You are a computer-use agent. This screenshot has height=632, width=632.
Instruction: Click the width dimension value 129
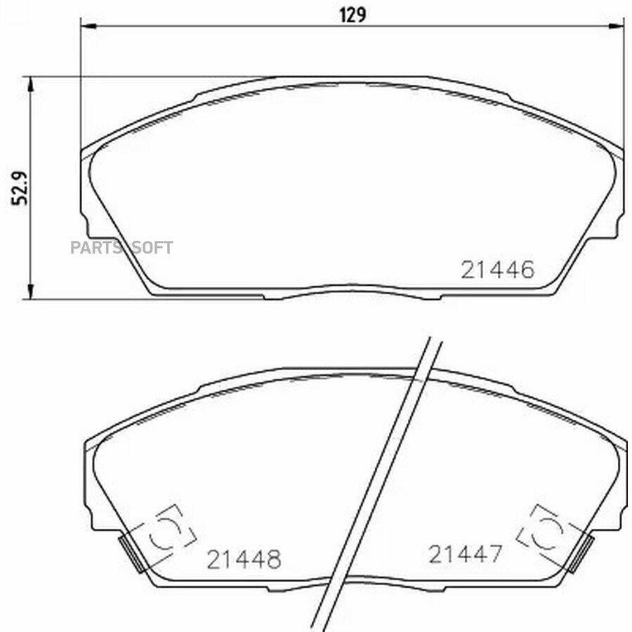353,15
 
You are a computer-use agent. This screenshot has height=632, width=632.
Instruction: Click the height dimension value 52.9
20,189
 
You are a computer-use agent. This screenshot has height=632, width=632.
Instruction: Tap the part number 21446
498,270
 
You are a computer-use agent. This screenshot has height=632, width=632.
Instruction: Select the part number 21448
244,560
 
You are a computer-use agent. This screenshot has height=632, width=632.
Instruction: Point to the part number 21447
466,554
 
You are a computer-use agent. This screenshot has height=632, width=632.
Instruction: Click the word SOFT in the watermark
152,247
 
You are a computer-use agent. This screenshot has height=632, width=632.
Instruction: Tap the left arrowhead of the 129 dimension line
88,26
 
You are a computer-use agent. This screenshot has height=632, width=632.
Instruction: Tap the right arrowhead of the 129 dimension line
617,26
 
